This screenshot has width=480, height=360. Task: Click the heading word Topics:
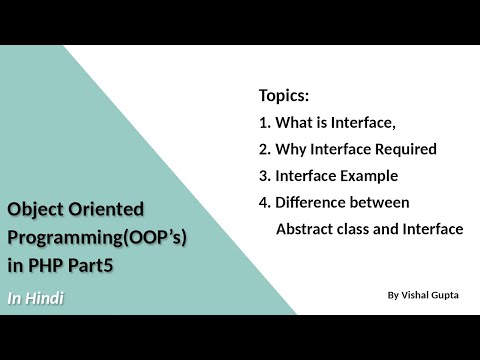tap(284, 97)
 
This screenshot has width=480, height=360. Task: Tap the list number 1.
tap(263, 124)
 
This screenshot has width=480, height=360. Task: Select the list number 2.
tap(263, 150)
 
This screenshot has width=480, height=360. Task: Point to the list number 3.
tap(263, 176)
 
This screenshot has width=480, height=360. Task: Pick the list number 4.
tap(263, 202)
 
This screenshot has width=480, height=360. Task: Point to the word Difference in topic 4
tap(313, 202)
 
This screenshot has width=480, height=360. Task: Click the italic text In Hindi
tap(36, 298)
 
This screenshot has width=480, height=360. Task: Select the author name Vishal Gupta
tap(431, 296)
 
